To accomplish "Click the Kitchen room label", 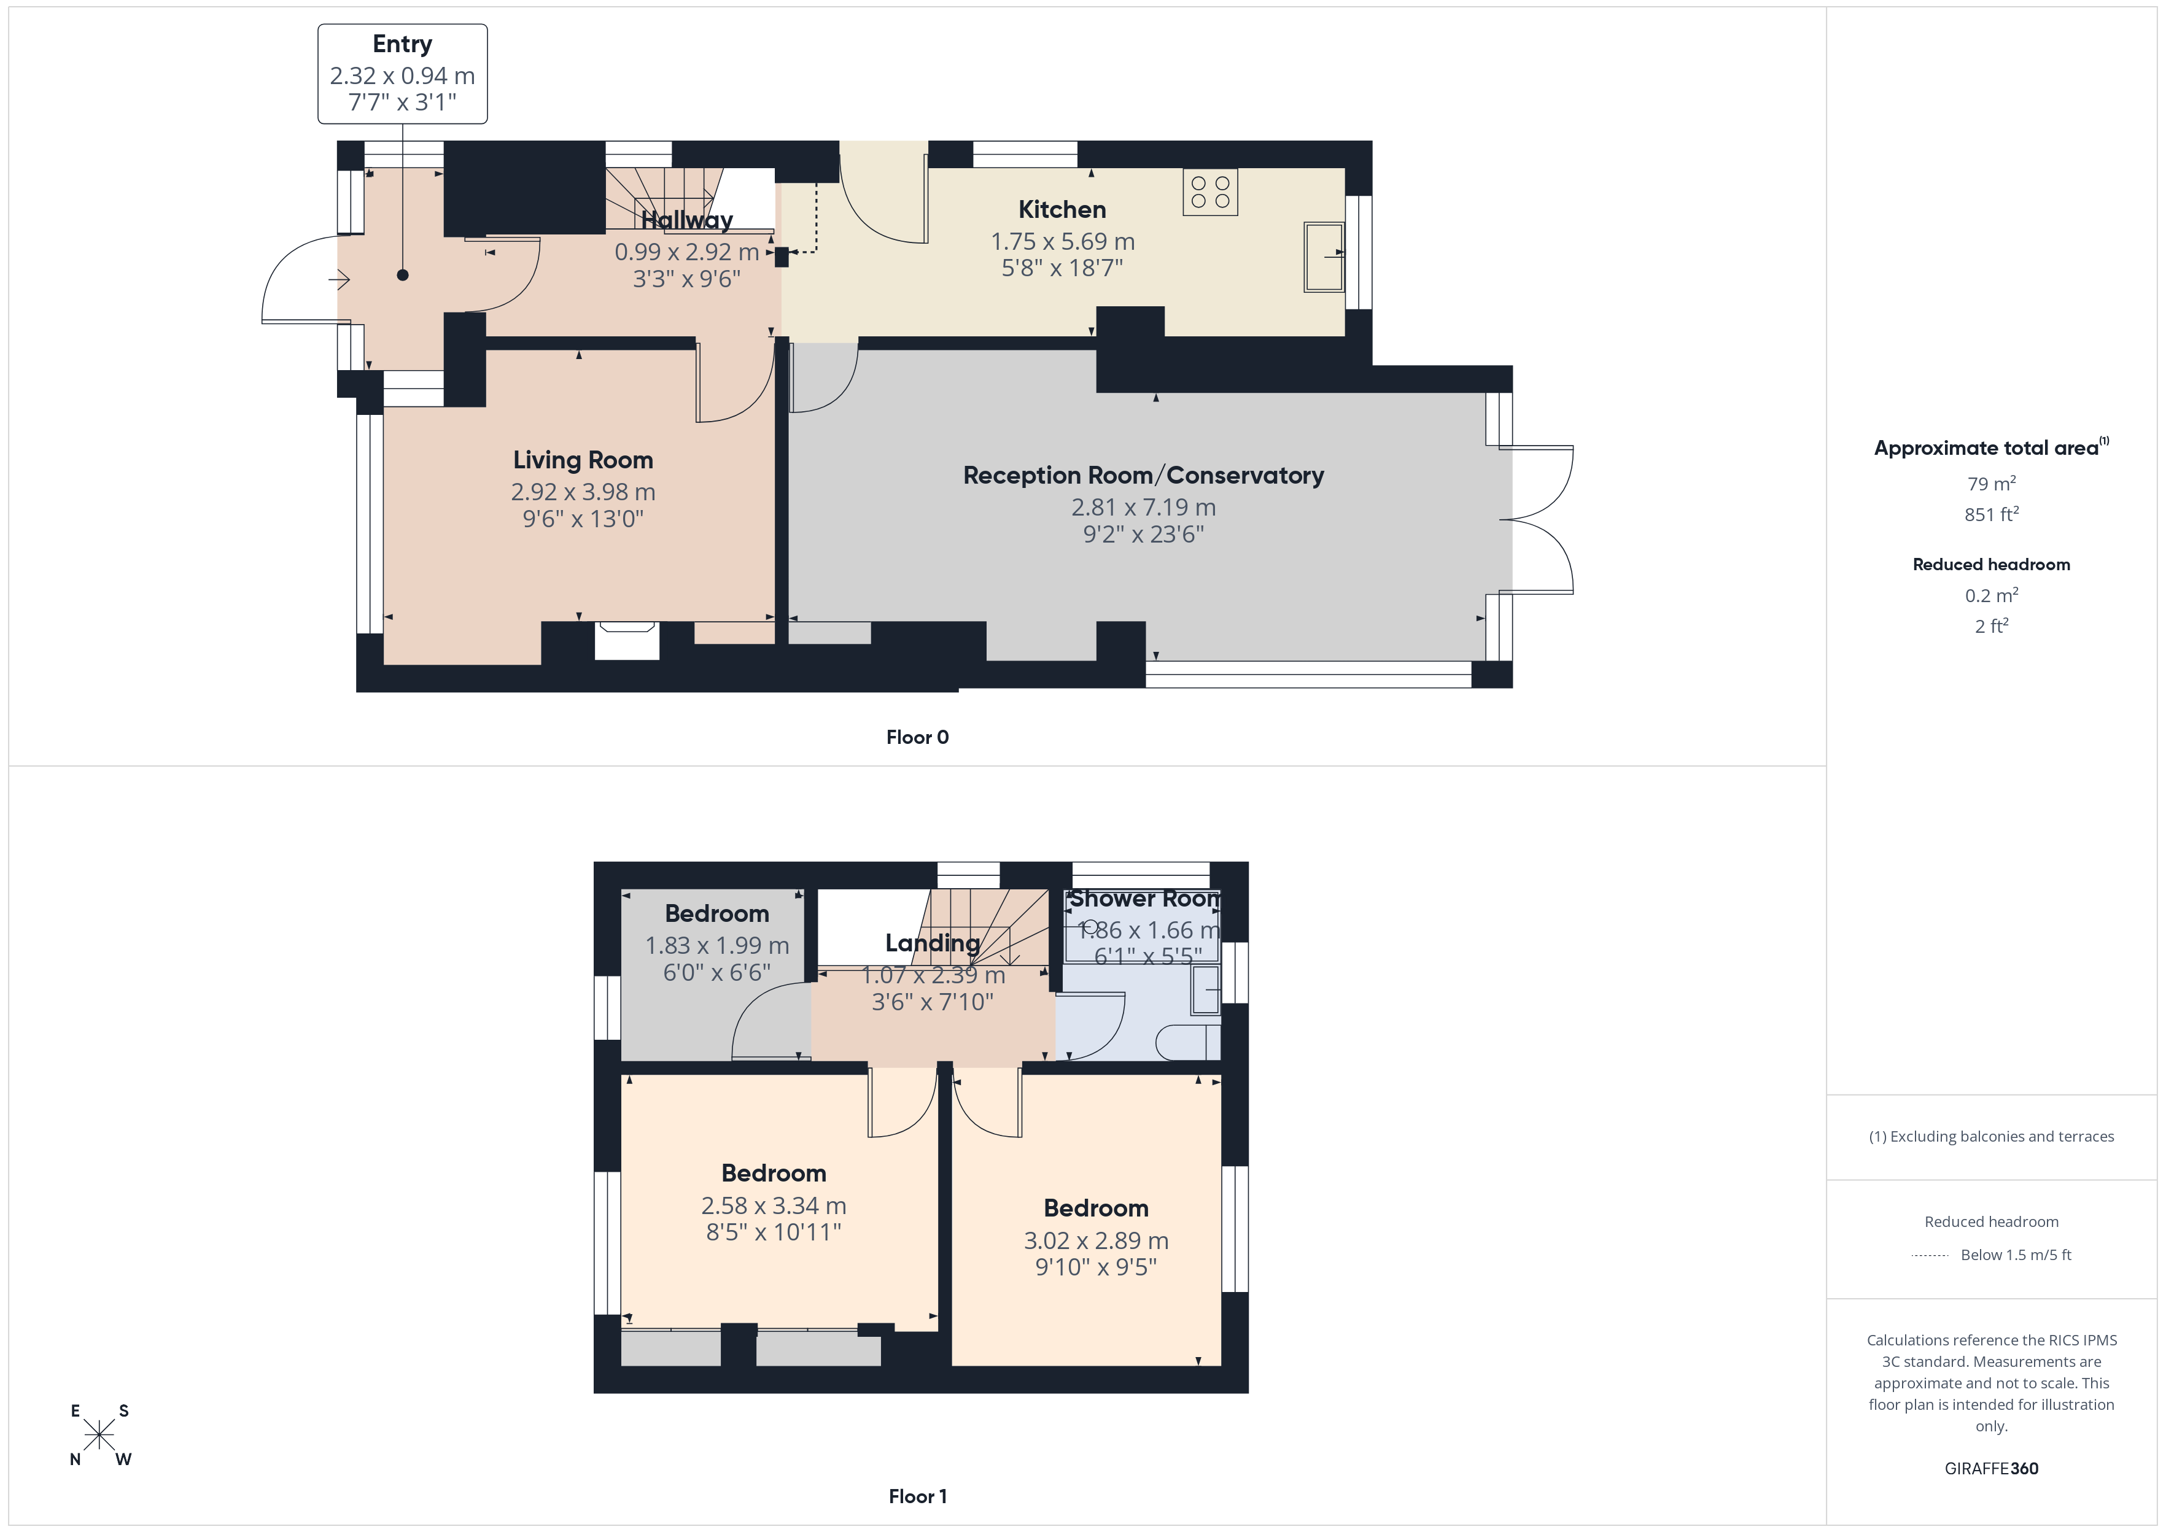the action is pyautogui.click(x=1062, y=209).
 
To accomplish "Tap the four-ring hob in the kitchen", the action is pyautogui.click(x=1210, y=193).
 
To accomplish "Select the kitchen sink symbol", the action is pyautogui.click(x=1324, y=256).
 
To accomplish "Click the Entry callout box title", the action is pyautogui.click(x=402, y=44).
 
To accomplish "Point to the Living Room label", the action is pyautogui.click(x=583, y=460).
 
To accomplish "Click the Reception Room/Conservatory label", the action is pyautogui.click(x=1143, y=476).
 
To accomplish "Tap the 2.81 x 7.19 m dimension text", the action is pyautogui.click(x=1143, y=508).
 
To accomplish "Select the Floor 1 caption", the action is pyautogui.click(x=917, y=1496).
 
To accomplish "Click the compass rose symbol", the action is pyautogui.click(x=99, y=1436).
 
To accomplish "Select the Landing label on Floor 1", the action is pyautogui.click(x=932, y=943).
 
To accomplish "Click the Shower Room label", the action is pyautogui.click(x=1144, y=899).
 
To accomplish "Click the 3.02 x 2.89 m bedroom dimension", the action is pyautogui.click(x=1097, y=1240).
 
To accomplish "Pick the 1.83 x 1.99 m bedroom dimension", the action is pyautogui.click(x=717, y=945).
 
